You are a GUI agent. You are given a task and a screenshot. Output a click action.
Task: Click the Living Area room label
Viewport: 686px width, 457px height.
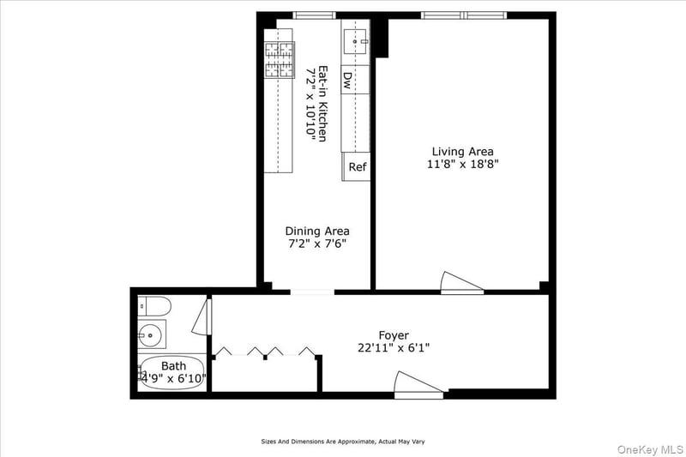click(x=462, y=152)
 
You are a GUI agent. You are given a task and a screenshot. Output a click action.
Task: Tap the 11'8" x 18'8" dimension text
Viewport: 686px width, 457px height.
click(x=463, y=165)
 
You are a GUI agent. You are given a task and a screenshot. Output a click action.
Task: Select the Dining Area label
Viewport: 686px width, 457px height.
click(x=317, y=231)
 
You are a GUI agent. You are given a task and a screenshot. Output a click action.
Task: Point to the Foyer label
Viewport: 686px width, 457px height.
click(x=394, y=335)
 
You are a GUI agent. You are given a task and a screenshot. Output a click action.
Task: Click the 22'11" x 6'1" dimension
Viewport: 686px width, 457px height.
click(x=394, y=348)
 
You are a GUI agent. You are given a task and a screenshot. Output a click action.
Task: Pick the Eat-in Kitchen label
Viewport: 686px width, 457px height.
click(x=323, y=104)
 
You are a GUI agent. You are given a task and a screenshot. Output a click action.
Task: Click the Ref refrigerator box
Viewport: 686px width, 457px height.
click(x=356, y=166)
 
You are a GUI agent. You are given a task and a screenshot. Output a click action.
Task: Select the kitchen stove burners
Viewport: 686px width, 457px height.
click(x=280, y=59)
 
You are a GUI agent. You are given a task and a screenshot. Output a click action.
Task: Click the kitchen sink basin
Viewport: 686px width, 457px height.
click(x=356, y=41)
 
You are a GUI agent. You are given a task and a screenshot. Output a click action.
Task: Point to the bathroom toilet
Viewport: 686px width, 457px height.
click(x=154, y=306)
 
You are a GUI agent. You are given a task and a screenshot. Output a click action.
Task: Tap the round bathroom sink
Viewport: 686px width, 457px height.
click(x=150, y=335)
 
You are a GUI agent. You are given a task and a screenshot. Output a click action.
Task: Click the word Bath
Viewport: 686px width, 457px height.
click(x=174, y=365)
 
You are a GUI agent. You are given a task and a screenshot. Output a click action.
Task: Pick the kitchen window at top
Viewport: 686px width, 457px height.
click(x=314, y=15)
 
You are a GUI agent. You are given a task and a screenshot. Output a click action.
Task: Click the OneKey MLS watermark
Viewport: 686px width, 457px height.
click(x=650, y=449)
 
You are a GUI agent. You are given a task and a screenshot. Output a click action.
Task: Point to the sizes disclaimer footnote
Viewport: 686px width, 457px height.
click(x=343, y=442)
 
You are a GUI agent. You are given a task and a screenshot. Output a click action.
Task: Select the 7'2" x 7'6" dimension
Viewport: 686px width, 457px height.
click(x=317, y=244)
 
